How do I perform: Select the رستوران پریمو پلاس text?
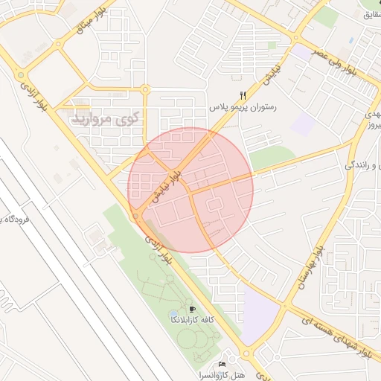click(x=243, y=108)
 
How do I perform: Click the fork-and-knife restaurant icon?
click(x=243, y=95)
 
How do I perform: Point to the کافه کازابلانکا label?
click(x=193, y=319)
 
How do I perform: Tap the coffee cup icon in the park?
click(x=193, y=308)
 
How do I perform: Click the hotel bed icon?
click(x=222, y=364)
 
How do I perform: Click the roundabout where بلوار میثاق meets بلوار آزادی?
click(x=20, y=74)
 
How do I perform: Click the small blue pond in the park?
click(x=173, y=313)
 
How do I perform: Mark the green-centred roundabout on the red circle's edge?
click(x=138, y=217)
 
